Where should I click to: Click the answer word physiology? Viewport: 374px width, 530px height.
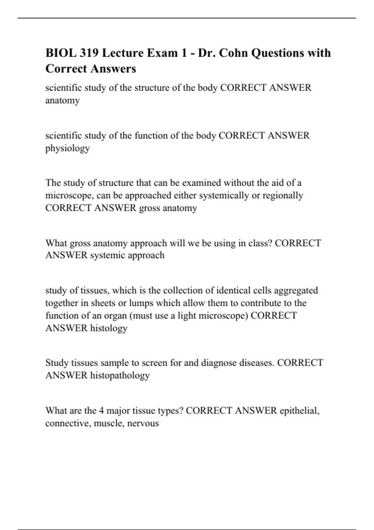point(68,148)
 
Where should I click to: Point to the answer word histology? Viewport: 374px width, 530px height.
point(109,328)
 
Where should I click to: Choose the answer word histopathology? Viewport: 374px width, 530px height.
point(120,375)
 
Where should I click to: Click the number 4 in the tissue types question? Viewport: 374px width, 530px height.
point(101,410)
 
